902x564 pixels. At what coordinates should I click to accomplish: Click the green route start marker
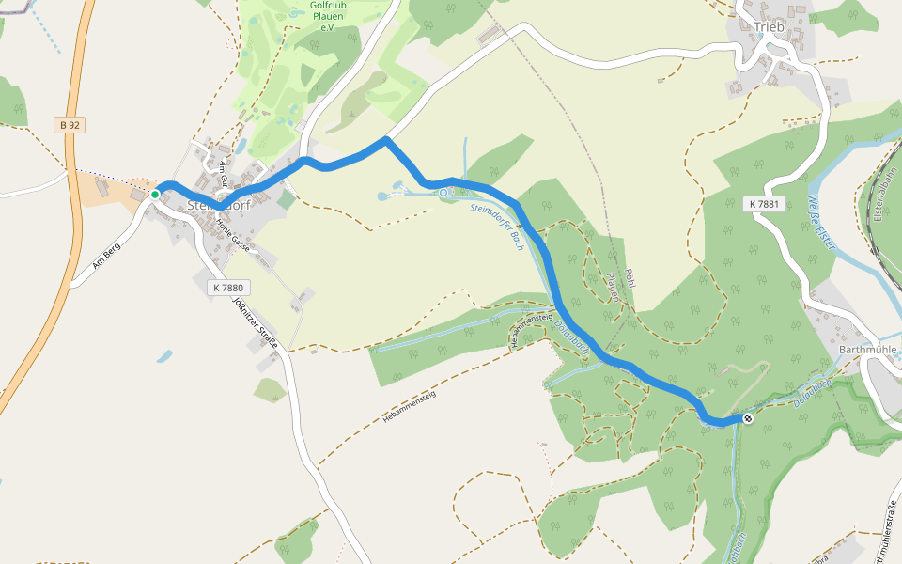[155, 194]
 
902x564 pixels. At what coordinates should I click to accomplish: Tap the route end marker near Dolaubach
[748, 418]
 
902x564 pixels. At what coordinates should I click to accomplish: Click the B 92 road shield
[67, 124]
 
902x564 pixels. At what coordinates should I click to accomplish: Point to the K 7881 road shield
[764, 204]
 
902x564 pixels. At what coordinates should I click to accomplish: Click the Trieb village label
[768, 27]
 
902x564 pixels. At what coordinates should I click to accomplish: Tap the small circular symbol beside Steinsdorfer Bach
[443, 193]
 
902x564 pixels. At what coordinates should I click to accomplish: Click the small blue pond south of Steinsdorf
[165, 356]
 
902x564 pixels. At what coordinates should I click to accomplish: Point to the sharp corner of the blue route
[385, 140]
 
